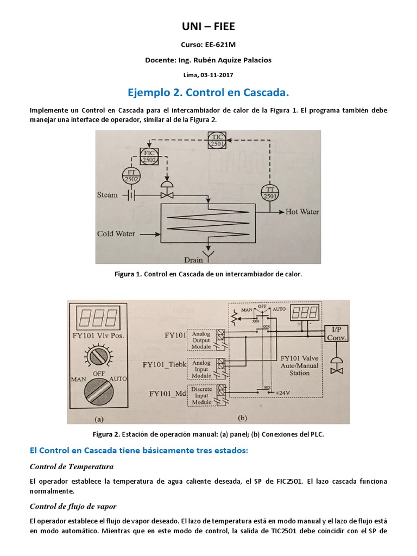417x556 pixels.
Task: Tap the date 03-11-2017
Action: tap(216, 74)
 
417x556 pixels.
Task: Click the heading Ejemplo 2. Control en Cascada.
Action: tap(208, 92)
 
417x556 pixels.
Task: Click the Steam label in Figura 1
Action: tap(108, 194)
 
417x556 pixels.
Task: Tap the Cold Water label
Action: tap(116, 234)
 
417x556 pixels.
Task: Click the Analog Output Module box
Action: tap(201, 339)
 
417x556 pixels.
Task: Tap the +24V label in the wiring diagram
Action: tap(284, 392)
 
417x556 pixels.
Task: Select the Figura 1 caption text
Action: tap(208, 274)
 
